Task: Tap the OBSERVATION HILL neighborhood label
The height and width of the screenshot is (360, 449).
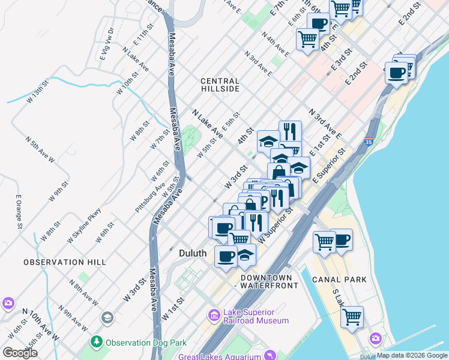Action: [x=64, y=262]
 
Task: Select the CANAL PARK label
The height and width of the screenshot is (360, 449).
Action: [x=339, y=280]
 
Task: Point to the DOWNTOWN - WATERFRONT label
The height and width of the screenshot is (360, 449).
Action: [x=269, y=282]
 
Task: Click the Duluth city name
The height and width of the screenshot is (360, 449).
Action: [x=193, y=254]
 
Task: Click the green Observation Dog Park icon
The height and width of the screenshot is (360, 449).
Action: [x=96, y=343]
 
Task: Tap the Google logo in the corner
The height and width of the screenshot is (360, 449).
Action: [x=20, y=353]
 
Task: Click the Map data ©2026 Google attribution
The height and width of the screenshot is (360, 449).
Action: [x=412, y=356]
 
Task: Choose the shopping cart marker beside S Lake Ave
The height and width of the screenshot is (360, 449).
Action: [x=352, y=316]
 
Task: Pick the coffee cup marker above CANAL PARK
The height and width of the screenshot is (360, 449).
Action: [x=342, y=239]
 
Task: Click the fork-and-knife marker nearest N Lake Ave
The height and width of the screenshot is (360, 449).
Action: [x=290, y=131]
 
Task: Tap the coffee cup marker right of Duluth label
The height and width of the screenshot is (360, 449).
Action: [x=226, y=256]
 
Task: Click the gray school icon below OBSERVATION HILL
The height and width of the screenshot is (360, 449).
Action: [x=107, y=317]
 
